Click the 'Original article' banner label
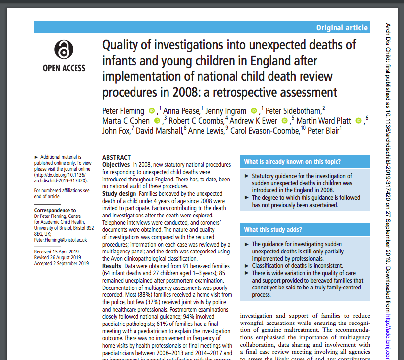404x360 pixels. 341,28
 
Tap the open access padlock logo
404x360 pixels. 64,50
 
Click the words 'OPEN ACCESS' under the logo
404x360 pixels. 64,68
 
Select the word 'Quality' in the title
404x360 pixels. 120,45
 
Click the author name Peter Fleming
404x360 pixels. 123,111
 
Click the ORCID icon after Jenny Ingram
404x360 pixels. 254,111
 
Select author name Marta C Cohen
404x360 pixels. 127,121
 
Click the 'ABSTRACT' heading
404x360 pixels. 116,158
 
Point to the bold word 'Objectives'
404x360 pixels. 116,164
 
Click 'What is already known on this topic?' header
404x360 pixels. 293,162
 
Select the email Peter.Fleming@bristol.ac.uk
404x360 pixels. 61,240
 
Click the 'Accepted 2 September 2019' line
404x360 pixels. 62,263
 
